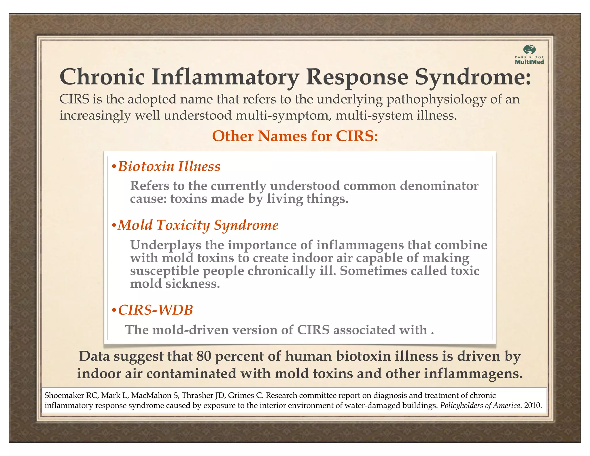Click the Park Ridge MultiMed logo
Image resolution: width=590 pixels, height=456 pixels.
(x=529, y=55)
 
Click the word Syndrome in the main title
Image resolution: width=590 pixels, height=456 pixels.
(x=472, y=77)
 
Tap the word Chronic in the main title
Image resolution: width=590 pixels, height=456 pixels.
(x=102, y=77)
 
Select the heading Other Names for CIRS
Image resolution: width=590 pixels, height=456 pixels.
(x=295, y=136)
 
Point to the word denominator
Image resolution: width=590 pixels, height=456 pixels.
(x=439, y=186)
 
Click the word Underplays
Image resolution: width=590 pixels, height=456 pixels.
(x=165, y=245)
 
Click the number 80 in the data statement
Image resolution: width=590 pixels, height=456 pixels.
(x=204, y=356)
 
